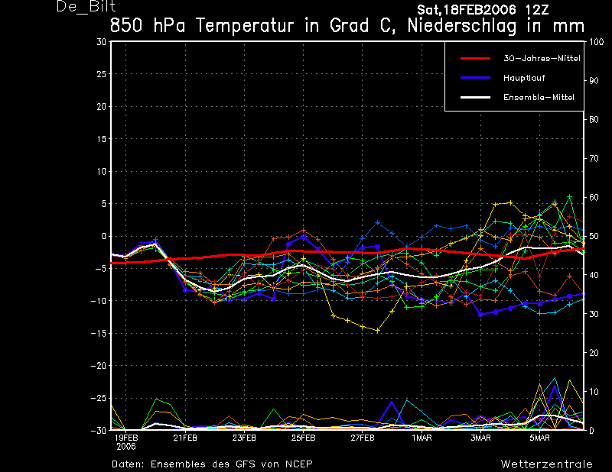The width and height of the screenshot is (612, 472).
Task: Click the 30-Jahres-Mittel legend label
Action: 542,59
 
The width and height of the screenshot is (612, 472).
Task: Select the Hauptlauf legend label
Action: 524,78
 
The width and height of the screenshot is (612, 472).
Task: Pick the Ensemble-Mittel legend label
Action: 539,97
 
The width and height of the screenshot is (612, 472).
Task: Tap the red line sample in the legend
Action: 475,59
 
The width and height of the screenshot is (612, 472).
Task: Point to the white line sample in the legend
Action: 475,97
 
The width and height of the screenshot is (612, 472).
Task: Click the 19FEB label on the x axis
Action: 126,438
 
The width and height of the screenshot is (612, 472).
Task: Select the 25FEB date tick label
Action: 303,438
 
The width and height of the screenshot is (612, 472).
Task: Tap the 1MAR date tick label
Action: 422,438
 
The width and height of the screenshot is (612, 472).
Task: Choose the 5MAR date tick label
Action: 540,438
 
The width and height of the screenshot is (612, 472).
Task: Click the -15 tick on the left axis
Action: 99,333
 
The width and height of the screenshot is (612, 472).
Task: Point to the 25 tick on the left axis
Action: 102,73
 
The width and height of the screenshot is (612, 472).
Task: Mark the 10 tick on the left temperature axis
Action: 102,171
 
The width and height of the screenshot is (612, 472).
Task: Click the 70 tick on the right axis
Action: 594,158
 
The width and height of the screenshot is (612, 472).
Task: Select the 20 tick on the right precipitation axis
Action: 594,353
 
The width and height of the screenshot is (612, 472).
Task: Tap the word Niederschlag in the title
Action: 462,26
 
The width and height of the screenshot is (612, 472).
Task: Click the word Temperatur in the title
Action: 245,26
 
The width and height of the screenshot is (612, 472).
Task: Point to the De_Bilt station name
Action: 86,7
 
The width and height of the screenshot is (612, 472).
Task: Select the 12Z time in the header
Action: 536,10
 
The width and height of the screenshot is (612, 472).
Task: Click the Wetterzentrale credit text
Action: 547,464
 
